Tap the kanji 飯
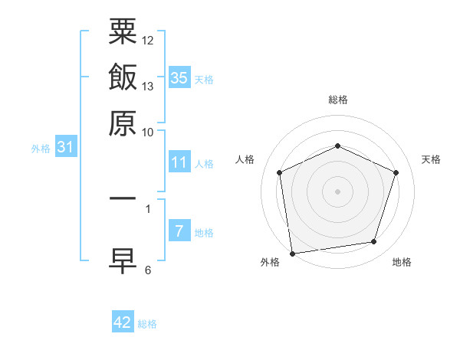point(123,77)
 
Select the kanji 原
point(123,123)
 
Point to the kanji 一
point(123,197)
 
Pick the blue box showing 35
point(179,78)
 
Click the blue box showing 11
point(179,162)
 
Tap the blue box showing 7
point(179,231)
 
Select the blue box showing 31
point(65,147)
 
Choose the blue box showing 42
point(123,322)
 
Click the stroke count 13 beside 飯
point(148,86)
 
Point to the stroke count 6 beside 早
point(148,270)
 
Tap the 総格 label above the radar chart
point(337,100)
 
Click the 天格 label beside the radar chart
point(431,159)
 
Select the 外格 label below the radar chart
point(270,263)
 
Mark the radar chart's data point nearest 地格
point(374,242)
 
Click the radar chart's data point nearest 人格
point(280,172)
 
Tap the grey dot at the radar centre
point(337,191)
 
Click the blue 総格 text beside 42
point(147,324)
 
